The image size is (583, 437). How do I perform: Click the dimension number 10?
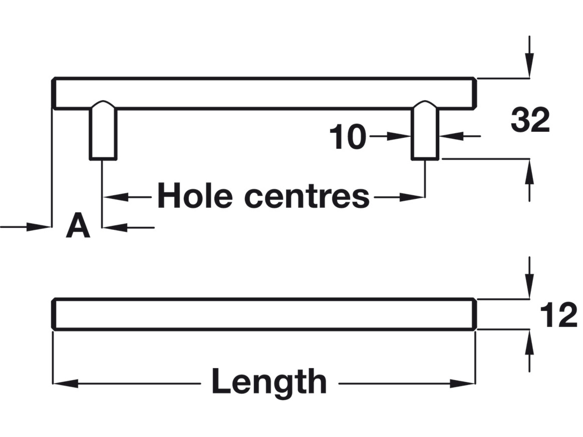pyautogui.click(x=348, y=137)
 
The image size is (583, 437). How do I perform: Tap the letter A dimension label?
pyautogui.click(x=78, y=226)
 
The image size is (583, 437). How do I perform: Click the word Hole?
pyautogui.click(x=195, y=196)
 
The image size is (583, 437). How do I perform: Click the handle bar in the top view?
pyautogui.click(x=264, y=93)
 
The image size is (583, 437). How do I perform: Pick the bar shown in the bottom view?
pyautogui.click(x=264, y=314)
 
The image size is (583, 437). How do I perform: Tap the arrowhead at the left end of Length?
pyautogui.click(x=65, y=384)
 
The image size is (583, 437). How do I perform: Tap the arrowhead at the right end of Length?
pyautogui.click(x=463, y=384)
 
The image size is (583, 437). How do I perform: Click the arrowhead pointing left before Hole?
pyautogui.click(x=115, y=197)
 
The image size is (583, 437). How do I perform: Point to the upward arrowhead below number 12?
pyautogui.click(x=530, y=342)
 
